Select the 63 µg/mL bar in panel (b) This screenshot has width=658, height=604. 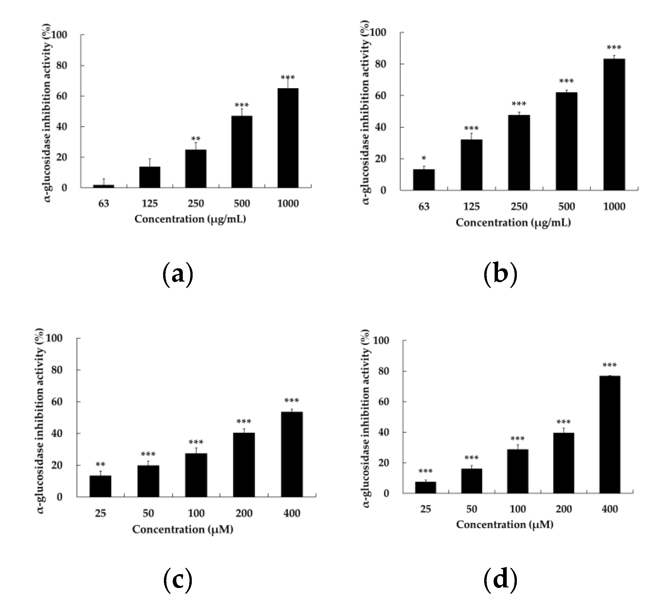tap(423, 180)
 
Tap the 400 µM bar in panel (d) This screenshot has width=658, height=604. tap(609, 435)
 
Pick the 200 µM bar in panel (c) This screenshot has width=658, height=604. tap(244, 465)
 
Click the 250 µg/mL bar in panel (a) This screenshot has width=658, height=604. tap(195, 169)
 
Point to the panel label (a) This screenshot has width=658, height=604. tap(177, 275)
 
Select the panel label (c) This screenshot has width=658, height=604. tap(177, 580)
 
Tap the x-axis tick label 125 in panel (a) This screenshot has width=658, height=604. tap(150, 204)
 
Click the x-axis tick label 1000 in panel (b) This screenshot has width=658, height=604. tap(614, 206)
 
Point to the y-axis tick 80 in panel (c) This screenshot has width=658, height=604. tap(57, 370)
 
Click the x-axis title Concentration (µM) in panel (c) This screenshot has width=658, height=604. tap(182, 529)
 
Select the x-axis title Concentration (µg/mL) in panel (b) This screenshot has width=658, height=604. tap(513, 223)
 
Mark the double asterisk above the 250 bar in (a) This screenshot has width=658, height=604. tap(195, 139)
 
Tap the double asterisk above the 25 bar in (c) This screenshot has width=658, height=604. tap(100, 464)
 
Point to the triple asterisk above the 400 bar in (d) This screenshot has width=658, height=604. tap(609, 365)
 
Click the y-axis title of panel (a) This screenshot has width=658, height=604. tap(48, 113)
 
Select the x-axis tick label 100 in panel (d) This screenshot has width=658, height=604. tap(517, 509)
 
